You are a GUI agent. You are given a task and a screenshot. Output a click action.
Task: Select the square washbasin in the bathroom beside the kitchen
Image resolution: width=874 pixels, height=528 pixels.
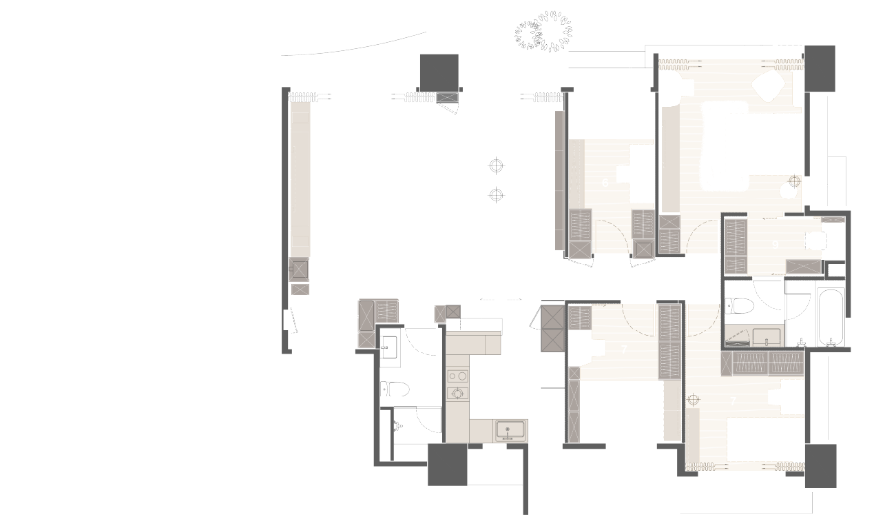(x=390, y=345)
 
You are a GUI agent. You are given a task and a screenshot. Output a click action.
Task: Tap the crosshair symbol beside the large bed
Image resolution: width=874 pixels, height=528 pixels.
(x=794, y=181)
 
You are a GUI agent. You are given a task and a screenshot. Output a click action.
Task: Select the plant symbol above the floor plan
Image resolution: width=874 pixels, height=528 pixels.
(x=544, y=32)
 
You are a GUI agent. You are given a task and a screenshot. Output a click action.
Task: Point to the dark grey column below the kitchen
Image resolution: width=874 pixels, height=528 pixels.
(x=447, y=465)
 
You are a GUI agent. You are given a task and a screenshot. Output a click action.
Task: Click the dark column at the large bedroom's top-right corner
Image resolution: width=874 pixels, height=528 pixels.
(x=819, y=68)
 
